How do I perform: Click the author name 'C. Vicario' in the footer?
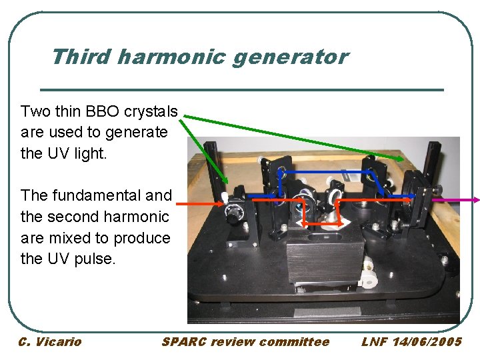pos(50,342)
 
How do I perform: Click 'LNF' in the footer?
pos(375,342)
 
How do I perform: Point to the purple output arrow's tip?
pos(477,199)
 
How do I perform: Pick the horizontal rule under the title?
pos(242,89)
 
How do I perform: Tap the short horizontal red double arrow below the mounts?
pos(321,223)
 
